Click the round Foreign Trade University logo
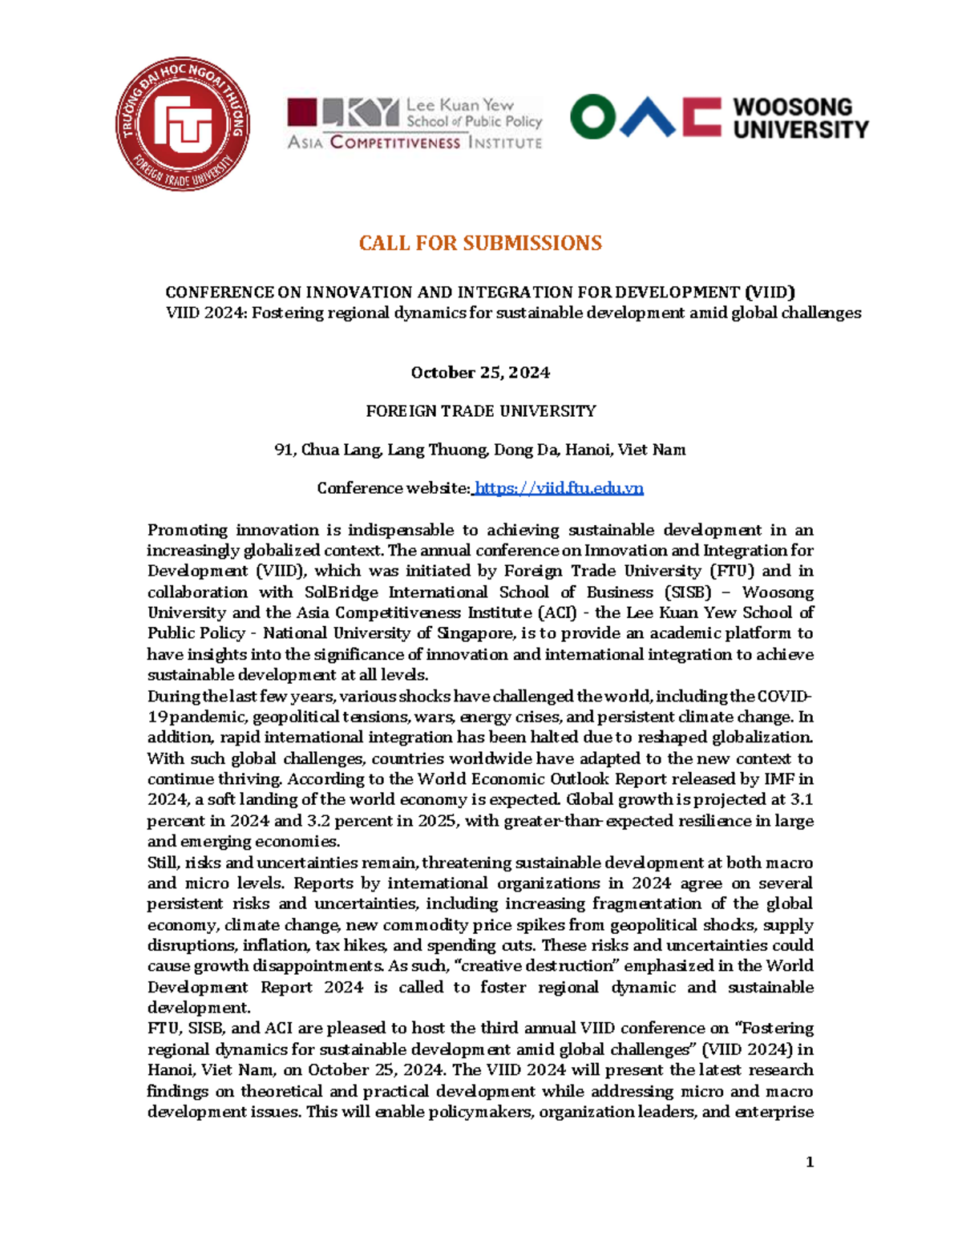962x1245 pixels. click(183, 124)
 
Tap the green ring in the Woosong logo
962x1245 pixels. click(592, 117)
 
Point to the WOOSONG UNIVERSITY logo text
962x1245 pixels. click(800, 118)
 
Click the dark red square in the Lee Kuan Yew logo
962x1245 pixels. click(302, 112)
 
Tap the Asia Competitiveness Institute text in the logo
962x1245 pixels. click(414, 143)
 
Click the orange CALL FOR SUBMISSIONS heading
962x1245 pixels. click(480, 243)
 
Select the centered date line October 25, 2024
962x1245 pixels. click(480, 372)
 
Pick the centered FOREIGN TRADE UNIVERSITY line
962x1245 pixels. click(480, 411)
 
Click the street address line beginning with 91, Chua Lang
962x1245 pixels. click(480, 450)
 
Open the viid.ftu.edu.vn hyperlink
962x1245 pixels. click(559, 488)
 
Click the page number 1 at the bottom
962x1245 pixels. click(810, 1162)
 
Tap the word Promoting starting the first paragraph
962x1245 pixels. click(188, 530)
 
